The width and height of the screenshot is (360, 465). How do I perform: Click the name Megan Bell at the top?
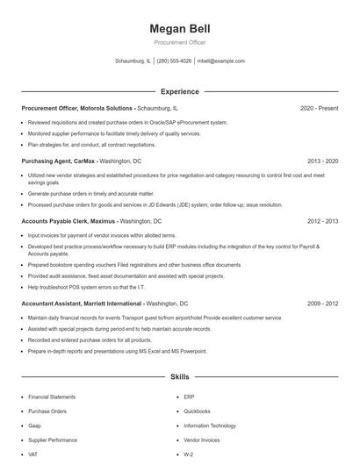[180, 29]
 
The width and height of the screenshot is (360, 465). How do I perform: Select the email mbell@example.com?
[220, 61]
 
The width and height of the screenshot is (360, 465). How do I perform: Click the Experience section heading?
[180, 91]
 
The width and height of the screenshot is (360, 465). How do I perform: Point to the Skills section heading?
[180, 376]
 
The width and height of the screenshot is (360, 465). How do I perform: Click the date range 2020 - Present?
[319, 108]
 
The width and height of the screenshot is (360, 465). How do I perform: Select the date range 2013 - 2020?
[322, 162]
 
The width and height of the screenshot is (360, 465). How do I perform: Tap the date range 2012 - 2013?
[322, 222]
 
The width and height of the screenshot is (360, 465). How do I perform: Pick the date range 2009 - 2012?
[322, 303]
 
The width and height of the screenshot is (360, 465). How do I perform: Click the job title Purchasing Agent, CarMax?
[58, 162]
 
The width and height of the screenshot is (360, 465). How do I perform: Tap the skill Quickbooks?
[197, 411]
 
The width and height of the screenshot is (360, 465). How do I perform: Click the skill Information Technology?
[210, 426]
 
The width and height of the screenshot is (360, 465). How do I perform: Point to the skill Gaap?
[35, 426]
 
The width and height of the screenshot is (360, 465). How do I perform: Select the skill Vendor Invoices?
[202, 440]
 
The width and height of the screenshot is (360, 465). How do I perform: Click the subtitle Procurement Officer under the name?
[180, 42]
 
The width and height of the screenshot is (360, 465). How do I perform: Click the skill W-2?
[188, 454]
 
